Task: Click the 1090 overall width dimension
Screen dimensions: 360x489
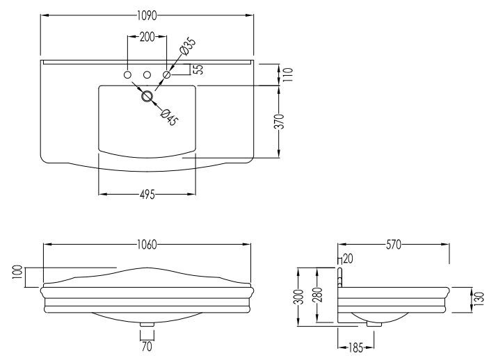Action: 146,15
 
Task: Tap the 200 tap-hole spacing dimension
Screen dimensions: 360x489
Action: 147,37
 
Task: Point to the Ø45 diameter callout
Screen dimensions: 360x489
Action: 170,117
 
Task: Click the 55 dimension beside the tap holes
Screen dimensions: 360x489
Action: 198,69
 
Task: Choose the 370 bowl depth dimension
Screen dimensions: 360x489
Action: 279,122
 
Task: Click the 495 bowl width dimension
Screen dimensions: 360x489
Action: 146,195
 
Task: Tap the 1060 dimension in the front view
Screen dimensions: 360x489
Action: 146,244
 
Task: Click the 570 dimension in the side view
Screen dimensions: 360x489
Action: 394,244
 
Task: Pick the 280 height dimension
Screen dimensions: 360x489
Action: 316,296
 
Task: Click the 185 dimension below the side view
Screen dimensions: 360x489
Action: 356,345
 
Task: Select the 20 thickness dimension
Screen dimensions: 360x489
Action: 347,259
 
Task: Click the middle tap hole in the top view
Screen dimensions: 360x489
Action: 147,74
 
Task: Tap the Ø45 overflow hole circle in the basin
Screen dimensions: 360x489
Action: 147,97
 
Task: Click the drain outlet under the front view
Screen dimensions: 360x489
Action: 147,323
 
